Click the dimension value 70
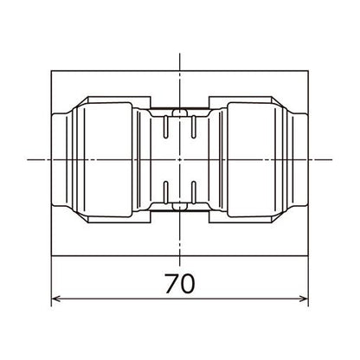coord(180,284)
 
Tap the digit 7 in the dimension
coord(171,284)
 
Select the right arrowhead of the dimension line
coord(304,299)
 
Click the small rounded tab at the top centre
coord(179,112)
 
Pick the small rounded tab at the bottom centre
coord(179,206)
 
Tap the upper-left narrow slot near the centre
coord(165,127)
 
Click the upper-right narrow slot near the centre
coord(194,127)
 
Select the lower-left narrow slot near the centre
coord(165,192)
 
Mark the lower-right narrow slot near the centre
coord(194,192)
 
